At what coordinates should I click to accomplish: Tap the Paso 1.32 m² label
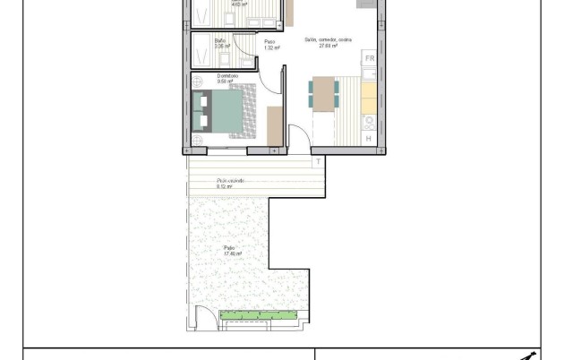(x=270, y=44)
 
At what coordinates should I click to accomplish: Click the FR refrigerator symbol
(x=369, y=59)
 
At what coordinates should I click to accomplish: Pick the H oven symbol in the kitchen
(x=369, y=138)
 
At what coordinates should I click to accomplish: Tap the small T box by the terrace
(x=318, y=161)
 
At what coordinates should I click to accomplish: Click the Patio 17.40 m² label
(x=233, y=251)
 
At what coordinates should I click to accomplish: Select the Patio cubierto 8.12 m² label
(x=230, y=184)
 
